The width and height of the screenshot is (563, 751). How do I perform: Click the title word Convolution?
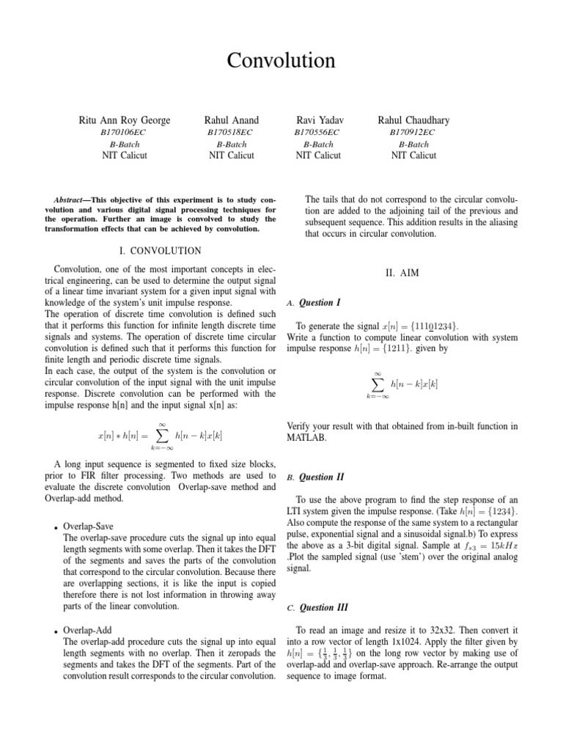(281, 60)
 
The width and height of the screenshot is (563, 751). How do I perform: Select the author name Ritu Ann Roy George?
(124, 120)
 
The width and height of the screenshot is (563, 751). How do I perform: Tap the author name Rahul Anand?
(232, 120)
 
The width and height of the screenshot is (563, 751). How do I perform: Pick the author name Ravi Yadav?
(320, 120)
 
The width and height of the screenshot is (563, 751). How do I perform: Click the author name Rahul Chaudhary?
(413, 120)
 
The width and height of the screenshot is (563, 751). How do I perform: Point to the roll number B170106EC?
(123, 132)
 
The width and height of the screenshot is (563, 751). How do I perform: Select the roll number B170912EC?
(413, 132)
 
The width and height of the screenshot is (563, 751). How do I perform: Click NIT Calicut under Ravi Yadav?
(319, 155)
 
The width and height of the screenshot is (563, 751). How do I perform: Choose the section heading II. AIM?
(402, 273)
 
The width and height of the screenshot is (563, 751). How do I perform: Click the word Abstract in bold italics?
(71, 200)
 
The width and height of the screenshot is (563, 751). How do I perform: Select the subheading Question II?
(320, 477)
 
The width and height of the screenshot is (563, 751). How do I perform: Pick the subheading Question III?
(322, 607)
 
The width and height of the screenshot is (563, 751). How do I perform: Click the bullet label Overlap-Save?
(88, 527)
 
